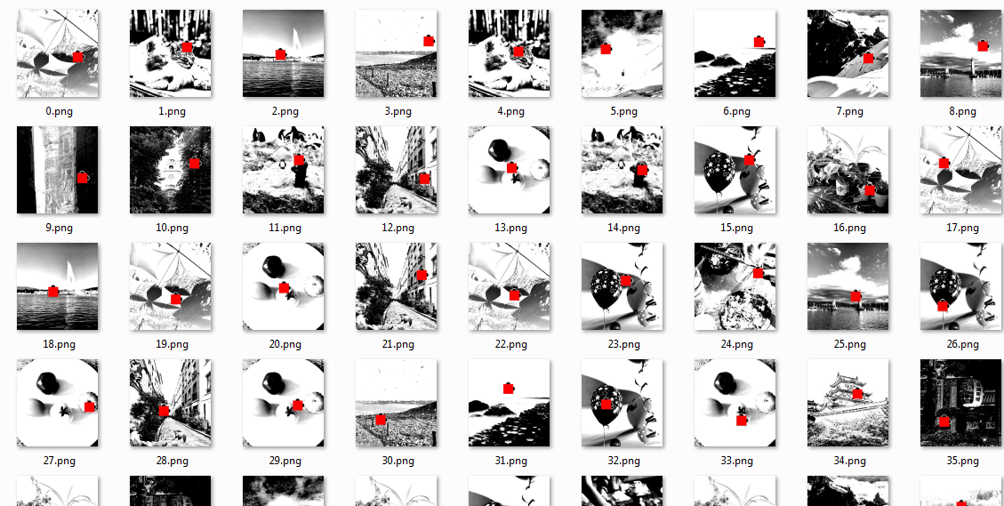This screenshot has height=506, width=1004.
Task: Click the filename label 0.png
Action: pos(58,111)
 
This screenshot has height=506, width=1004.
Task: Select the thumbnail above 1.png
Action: pos(171,53)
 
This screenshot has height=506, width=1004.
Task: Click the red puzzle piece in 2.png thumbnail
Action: pos(281,54)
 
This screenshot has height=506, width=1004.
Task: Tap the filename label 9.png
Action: pos(58,228)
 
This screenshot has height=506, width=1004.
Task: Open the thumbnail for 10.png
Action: pos(171,170)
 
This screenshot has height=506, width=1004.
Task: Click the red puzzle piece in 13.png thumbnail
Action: pos(511,167)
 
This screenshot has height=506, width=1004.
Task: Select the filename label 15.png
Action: pos(736,228)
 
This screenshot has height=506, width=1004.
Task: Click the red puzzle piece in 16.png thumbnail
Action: pos(870,190)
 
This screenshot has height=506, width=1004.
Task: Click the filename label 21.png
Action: pos(397,344)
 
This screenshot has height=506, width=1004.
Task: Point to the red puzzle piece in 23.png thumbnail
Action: pos(625,280)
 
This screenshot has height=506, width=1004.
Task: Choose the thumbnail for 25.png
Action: pos(848,286)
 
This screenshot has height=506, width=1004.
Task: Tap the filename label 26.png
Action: pos(962,344)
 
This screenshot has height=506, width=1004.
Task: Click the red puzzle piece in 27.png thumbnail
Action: pos(89,406)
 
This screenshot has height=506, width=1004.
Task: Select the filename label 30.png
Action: pos(397,461)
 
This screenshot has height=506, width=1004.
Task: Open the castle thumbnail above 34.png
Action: pos(848,403)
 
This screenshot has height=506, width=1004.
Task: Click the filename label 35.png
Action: pos(962,461)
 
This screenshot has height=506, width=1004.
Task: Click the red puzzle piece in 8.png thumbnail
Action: pos(982,45)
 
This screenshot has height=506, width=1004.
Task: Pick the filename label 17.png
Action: pos(962,228)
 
